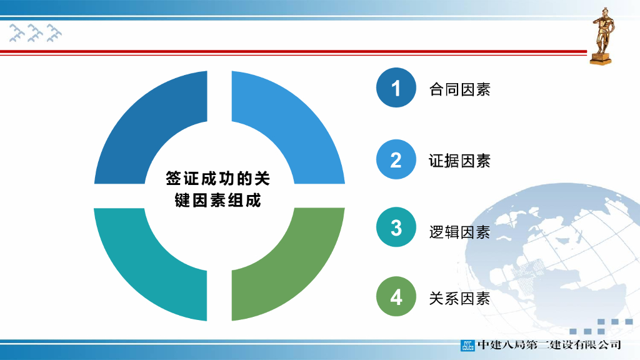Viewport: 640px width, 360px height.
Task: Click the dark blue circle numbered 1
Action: [396, 88]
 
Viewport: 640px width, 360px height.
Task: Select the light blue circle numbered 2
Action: [396, 160]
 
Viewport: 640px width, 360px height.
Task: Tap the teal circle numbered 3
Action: [396, 227]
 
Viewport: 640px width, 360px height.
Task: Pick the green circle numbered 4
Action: [396, 297]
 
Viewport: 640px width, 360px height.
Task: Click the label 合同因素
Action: [459, 89]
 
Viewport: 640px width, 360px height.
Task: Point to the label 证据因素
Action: [459, 161]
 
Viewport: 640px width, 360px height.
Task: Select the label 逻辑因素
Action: [459, 232]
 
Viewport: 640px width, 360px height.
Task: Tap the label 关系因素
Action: [459, 299]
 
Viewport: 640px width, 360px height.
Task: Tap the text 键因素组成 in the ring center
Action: [217, 201]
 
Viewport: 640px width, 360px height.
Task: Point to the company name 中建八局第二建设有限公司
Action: [549, 344]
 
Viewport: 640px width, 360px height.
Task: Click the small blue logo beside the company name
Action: [468, 344]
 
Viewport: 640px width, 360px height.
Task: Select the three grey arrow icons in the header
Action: [36, 32]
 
